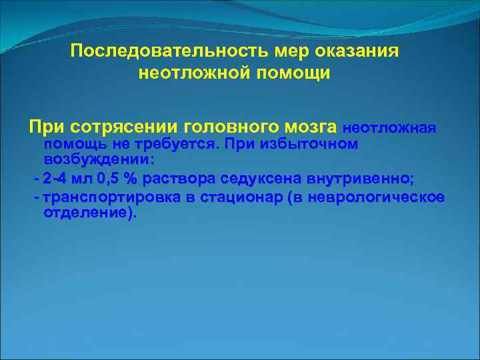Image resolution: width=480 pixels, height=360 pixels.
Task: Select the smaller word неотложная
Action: pos(379,127)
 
